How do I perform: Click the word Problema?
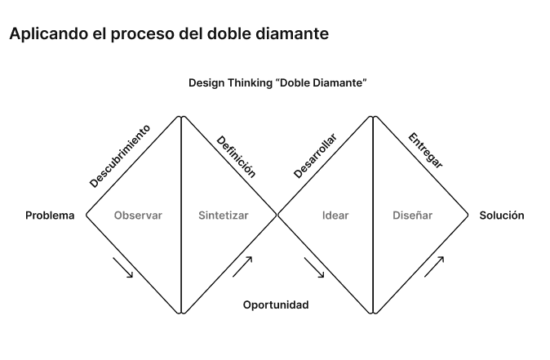click(50, 216)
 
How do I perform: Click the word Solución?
click(501, 216)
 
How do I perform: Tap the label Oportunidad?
click(276, 304)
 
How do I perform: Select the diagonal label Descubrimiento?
click(120, 156)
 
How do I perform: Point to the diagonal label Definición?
click(237, 156)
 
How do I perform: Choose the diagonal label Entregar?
click(425, 150)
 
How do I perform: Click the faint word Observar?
click(139, 216)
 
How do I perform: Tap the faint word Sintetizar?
click(224, 216)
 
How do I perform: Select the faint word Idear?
click(335, 216)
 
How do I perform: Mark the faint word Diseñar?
click(413, 216)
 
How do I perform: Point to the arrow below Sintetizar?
click(242, 266)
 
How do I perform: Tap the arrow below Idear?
click(314, 268)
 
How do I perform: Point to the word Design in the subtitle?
click(205, 83)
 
